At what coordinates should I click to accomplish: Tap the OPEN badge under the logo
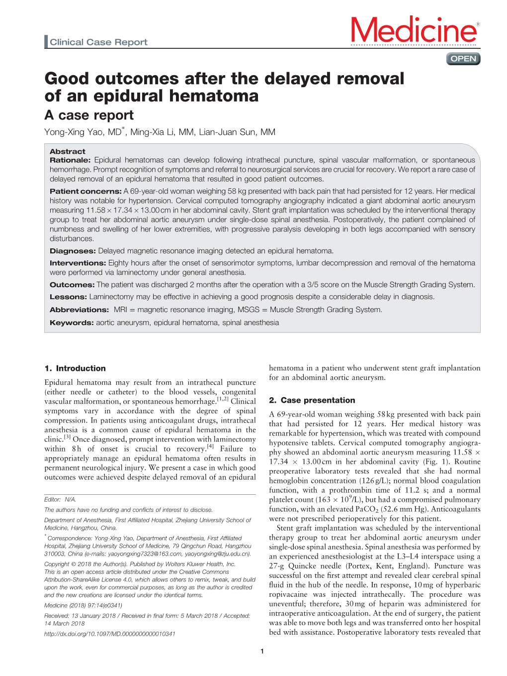(463, 59)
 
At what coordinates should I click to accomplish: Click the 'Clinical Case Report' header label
(98, 42)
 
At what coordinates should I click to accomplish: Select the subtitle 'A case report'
(89, 115)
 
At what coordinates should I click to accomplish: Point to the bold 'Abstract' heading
(68, 151)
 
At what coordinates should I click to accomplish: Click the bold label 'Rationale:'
(70, 160)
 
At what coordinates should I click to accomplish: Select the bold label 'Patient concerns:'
(85, 191)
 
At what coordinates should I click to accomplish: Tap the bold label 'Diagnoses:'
(73, 251)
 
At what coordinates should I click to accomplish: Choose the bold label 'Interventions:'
(78, 263)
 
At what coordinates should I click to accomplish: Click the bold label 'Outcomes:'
(72, 285)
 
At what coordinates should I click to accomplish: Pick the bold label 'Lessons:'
(68, 297)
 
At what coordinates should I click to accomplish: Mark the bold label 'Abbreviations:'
(79, 310)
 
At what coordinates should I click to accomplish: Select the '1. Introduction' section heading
(75, 368)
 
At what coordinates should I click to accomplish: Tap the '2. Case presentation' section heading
(312, 400)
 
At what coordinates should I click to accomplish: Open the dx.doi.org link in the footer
(109, 634)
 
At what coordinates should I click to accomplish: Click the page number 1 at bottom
(262, 651)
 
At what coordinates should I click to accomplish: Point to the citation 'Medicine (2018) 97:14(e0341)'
(83, 605)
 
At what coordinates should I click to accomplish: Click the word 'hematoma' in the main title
(215, 96)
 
